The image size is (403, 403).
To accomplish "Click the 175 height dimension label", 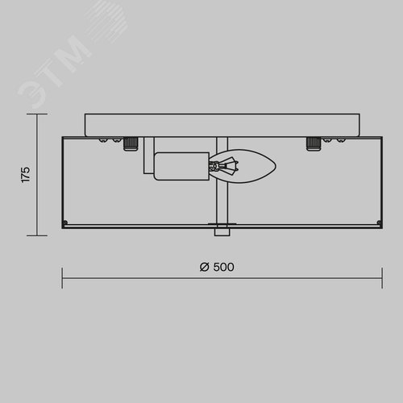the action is pyautogui.click(x=26, y=175).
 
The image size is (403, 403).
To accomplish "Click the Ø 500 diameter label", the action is pyautogui.click(x=217, y=267).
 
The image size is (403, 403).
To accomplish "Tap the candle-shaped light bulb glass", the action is pyautogui.click(x=243, y=166).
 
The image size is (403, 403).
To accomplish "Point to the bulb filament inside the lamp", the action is pyautogui.click(x=224, y=166).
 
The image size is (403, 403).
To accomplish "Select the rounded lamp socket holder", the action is pyautogui.click(x=181, y=166).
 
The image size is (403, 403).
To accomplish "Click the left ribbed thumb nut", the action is pyautogui.click(x=131, y=143).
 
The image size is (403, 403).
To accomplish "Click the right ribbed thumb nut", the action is pyautogui.click(x=314, y=143).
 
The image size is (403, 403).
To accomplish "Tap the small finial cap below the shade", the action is pyautogui.click(x=222, y=232).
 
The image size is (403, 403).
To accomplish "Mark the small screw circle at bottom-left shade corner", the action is pyautogui.click(x=65, y=222).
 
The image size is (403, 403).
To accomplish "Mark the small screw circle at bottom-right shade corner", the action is pyautogui.click(x=379, y=222).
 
